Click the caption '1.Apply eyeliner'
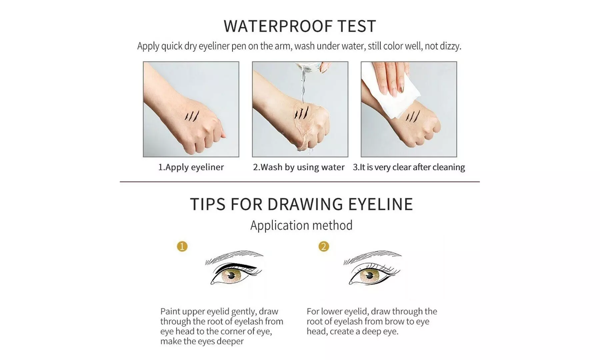[191, 167]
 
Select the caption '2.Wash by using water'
[299, 167]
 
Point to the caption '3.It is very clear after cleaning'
[409, 167]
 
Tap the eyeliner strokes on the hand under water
[301, 112]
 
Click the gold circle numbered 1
[182, 246]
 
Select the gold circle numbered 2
[324, 246]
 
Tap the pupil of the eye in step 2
[369, 276]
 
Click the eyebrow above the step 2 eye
[372, 257]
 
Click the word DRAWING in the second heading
[305, 204]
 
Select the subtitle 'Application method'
[301, 225]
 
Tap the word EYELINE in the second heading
[381, 204]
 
